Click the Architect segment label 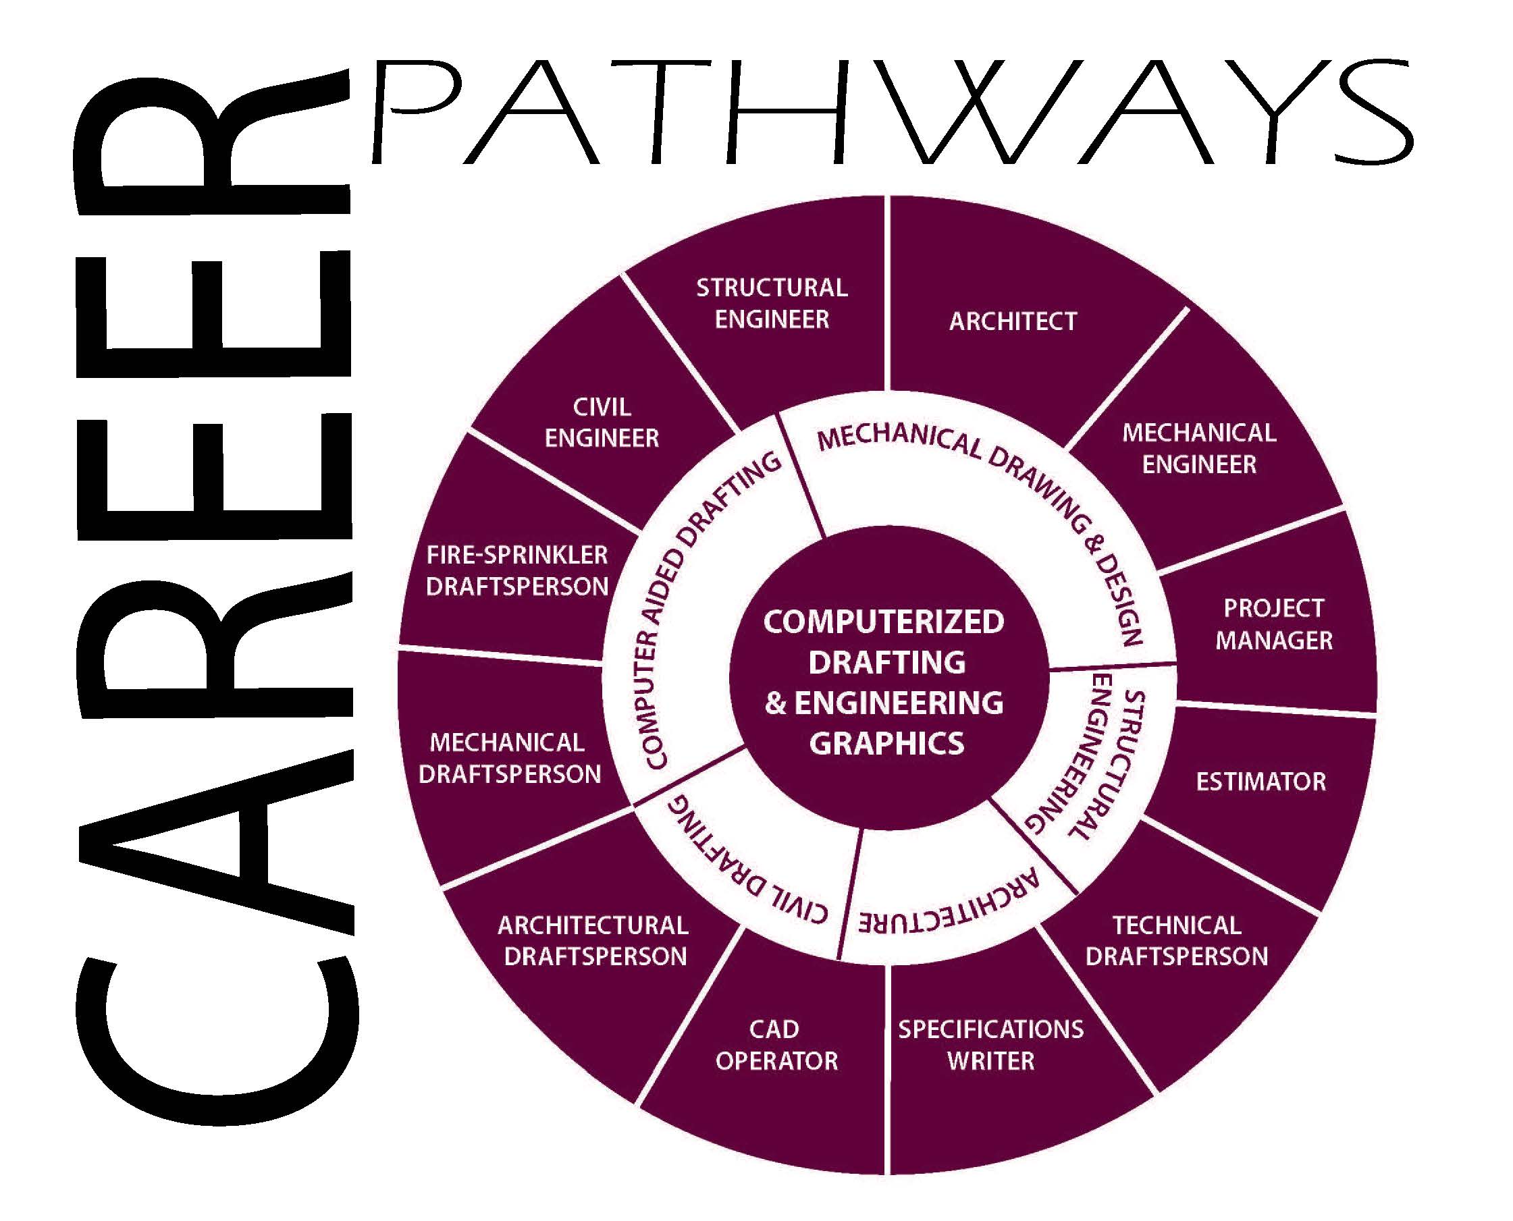[x=1013, y=321]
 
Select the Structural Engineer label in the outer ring [x=772, y=303]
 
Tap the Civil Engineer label [x=602, y=423]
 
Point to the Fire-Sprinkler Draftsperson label [x=517, y=570]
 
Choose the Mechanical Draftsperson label [x=510, y=758]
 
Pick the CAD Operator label [x=776, y=1044]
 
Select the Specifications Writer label [x=990, y=1044]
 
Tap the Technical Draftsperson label [x=1177, y=940]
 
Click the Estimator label [x=1261, y=782]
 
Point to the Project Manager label [x=1274, y=624]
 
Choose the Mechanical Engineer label [x=1199, y=448]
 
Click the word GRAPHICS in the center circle [x=887, y=743]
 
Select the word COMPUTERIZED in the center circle [x=884, y=622]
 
